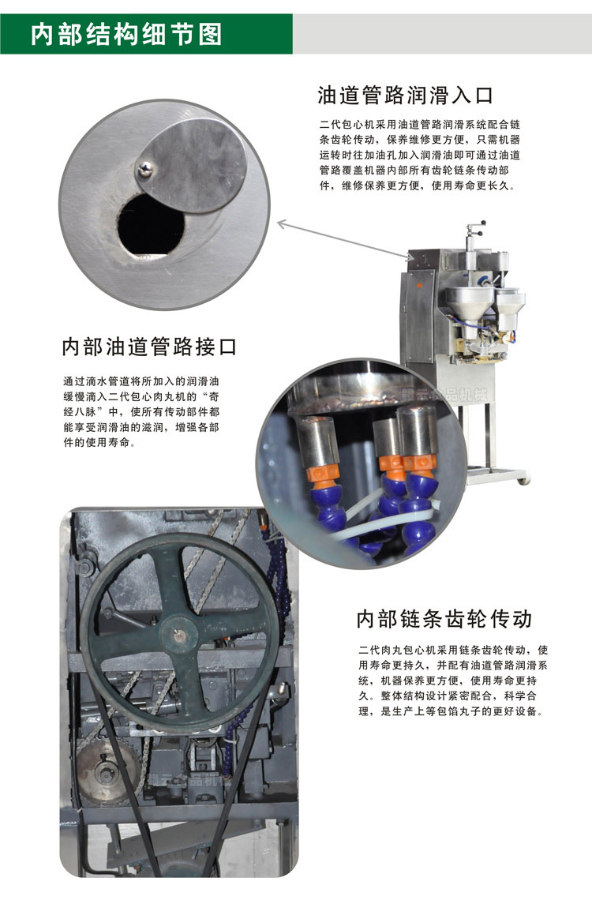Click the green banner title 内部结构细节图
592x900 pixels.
126,35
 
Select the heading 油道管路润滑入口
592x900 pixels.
406,96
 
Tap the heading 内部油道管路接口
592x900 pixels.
149,347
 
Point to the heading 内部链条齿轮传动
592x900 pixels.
444,619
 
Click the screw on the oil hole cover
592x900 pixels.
145,168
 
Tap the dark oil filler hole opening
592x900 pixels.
151,226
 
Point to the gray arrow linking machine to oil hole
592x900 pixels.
343,241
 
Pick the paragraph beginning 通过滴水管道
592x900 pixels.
141,411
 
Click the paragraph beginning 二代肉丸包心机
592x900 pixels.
453,681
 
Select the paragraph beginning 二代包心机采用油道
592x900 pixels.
420,155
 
